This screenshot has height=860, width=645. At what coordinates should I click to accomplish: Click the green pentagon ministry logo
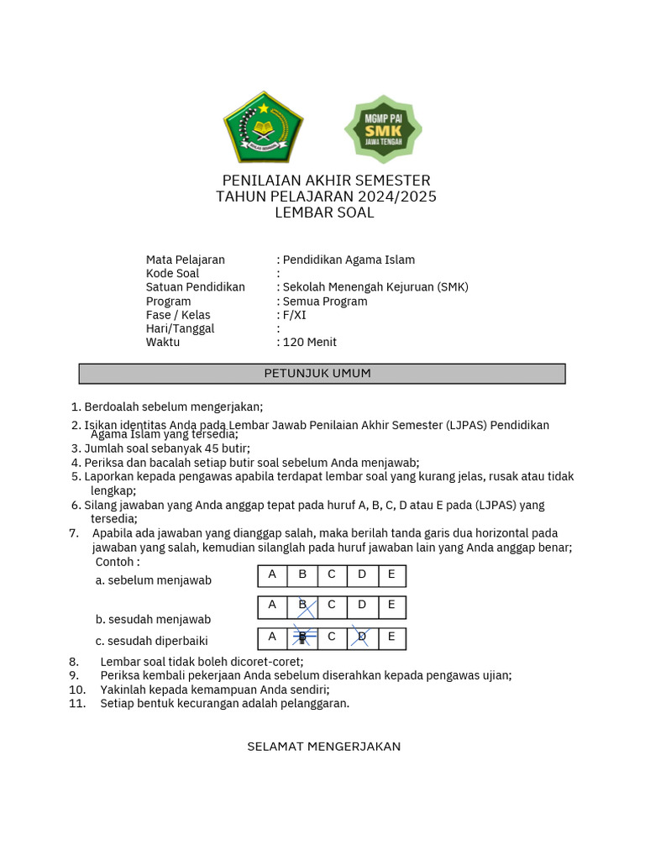263,127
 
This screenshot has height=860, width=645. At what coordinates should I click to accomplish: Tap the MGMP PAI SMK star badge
383,129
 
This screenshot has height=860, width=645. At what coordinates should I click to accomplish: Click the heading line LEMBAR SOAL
324,212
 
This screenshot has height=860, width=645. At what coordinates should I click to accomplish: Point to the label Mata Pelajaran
185,260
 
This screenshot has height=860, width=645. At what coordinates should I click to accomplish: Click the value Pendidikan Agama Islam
349,260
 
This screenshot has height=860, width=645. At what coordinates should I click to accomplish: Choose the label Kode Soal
172,273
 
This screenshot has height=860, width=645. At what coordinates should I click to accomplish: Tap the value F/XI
294,315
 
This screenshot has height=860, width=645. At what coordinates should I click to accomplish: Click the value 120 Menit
309,342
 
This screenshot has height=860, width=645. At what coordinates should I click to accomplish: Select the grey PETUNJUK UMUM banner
322,373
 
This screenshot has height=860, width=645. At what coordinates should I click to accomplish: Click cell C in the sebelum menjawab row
332,575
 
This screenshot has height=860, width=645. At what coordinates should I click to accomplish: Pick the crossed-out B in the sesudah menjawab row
302,606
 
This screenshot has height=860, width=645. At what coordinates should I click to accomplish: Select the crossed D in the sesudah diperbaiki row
361,637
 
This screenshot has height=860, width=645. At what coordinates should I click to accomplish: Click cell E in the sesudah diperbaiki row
391,637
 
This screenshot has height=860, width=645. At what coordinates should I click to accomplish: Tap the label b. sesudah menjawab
153,619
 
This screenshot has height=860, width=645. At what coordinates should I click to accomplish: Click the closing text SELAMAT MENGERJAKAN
323,746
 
